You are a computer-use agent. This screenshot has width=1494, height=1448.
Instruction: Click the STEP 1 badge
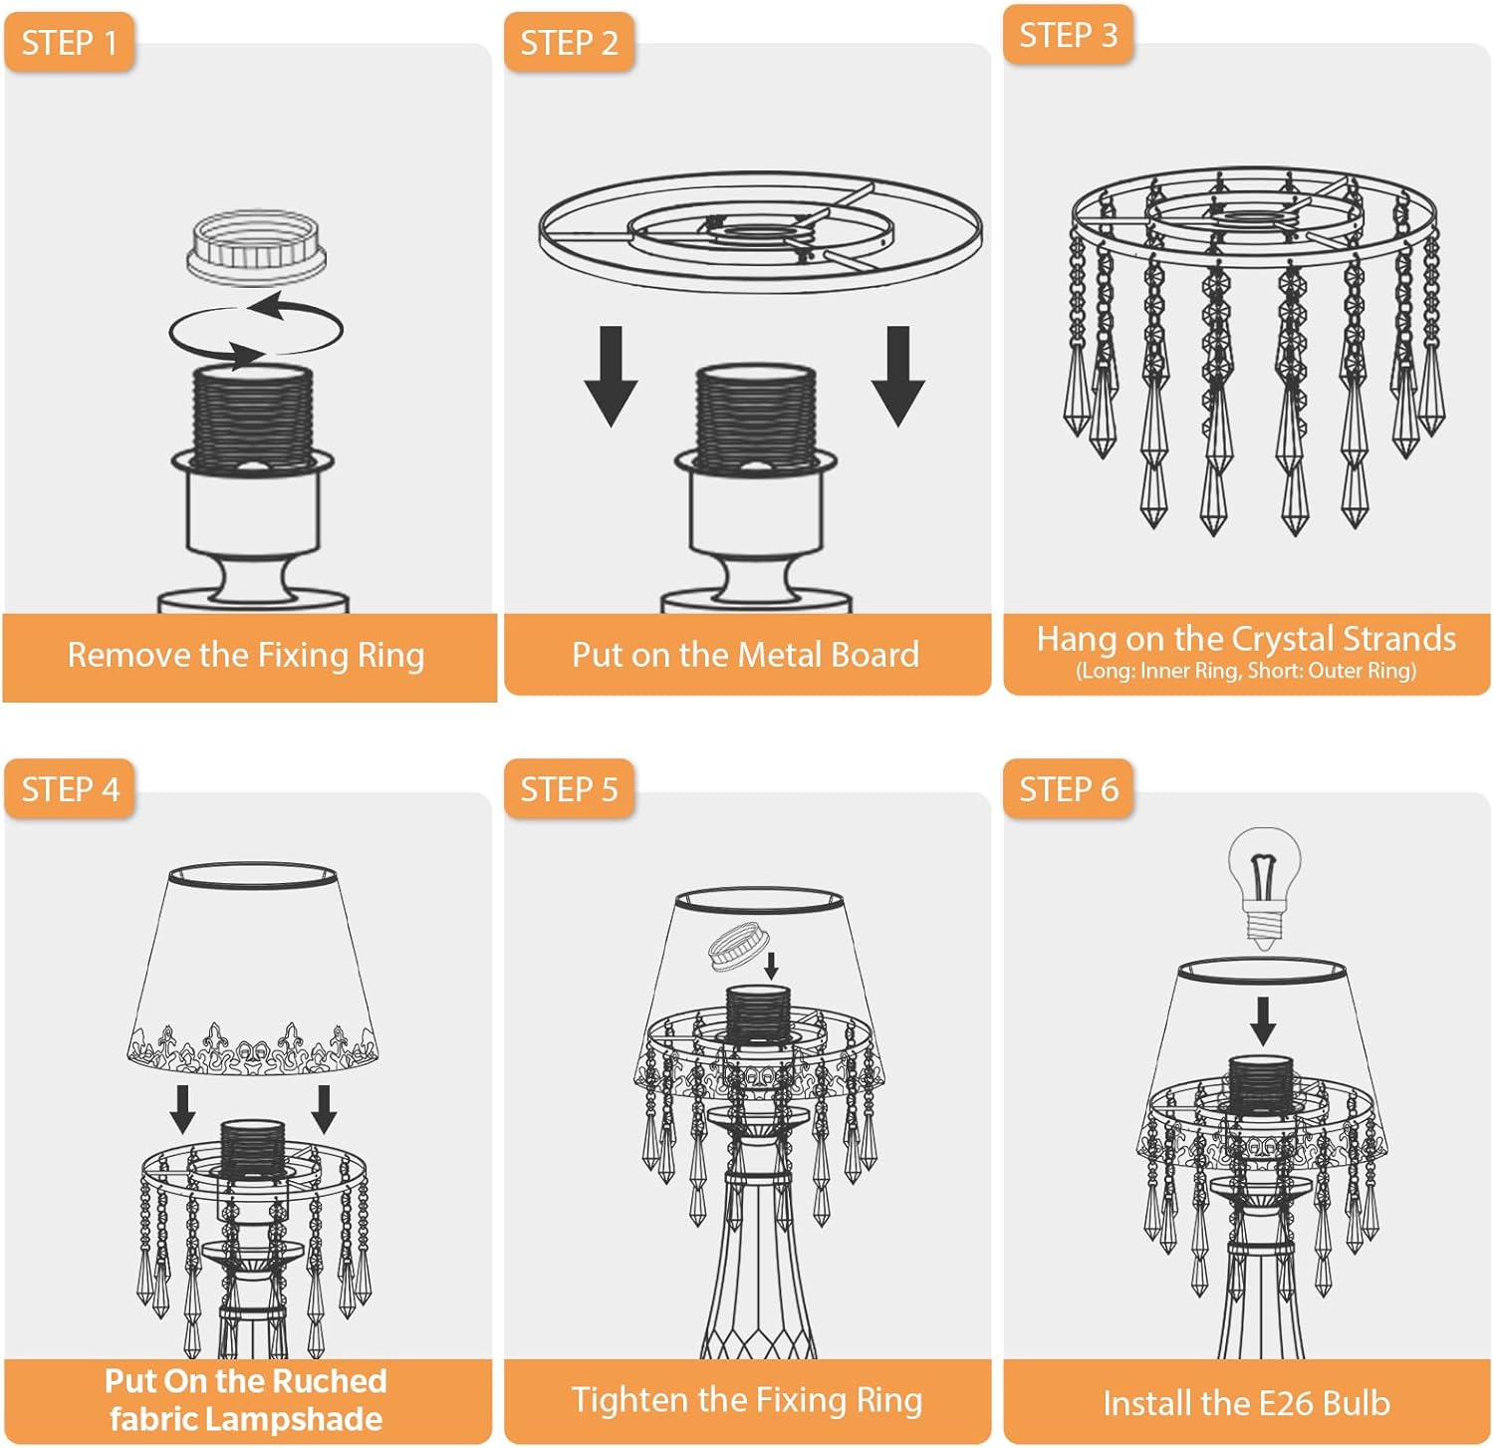pyautogui.click(x=69, y=43)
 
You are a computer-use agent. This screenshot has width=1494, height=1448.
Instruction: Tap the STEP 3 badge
pyautogui.click(x=1068, y=35)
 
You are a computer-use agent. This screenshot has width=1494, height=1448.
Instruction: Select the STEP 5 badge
pyautogui.click(x=569, y=789)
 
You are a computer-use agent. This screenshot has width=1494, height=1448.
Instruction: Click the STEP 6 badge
pyautogui.click(x=1068, y=789)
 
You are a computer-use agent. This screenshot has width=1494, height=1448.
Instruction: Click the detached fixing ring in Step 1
pyautogui.click(x=256, y=246)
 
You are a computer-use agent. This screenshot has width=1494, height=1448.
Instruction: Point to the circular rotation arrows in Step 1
pyautogui.click(x=256, y=329)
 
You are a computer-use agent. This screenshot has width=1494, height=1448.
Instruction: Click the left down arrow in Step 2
pyautogui.click(x=611, y=376)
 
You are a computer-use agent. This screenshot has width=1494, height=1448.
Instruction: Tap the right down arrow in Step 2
pyautogui.click(x=897, y=376)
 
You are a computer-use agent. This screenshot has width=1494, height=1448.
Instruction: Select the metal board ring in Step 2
pyautogui.click(x=760, y=232)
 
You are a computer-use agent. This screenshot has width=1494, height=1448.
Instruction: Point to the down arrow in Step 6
pyautogui.click(x=1263, y=1020)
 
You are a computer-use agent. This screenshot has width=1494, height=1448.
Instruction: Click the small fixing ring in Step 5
pyautogui.click(x=735, y=946)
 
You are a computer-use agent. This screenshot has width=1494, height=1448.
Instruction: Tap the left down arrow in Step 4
pyautogui.click(x=182, y=1109)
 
